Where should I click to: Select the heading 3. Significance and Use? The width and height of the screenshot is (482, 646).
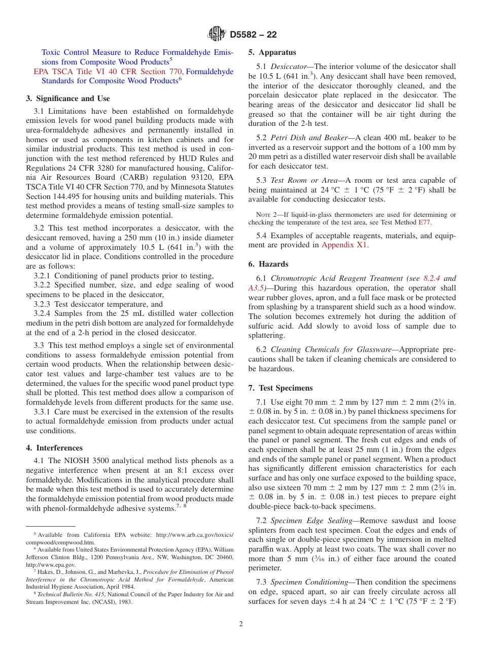click(68, 99)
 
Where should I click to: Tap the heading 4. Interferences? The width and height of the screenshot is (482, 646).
click(54, 448)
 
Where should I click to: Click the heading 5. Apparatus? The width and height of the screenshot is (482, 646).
click(272, 52)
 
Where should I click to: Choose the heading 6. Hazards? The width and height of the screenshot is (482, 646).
click(268, 264)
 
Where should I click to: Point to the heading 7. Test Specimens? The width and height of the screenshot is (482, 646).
click(281, 388)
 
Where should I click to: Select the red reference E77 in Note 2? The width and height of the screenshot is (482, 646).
click(424, 222)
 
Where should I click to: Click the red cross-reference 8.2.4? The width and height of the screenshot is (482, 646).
click(431, 278)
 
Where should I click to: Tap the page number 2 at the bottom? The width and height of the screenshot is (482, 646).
click(241, 624)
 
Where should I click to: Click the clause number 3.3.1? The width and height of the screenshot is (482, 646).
click(43, 411)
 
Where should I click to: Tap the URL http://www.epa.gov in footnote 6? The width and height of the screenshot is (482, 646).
click(51, 565)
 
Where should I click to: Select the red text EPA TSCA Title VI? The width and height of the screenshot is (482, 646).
click(71, 72)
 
